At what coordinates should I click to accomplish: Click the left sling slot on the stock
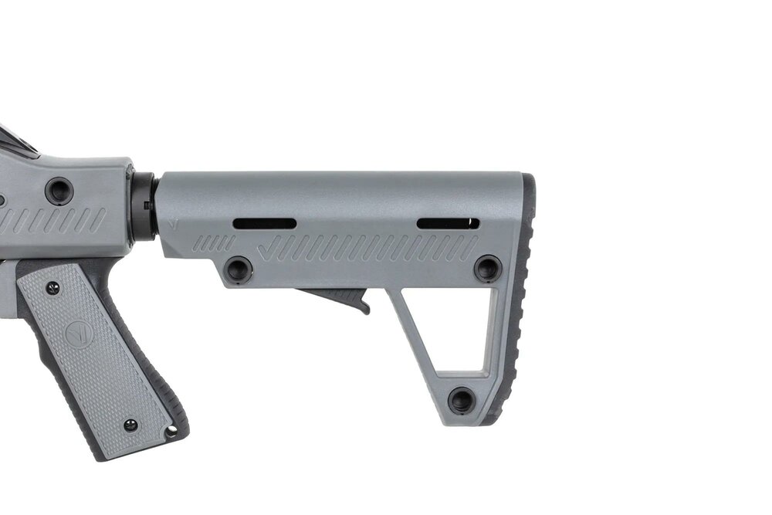264,224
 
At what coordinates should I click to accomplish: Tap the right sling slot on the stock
448,224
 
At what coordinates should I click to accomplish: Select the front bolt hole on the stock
238,269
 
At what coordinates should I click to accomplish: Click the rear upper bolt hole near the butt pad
487,268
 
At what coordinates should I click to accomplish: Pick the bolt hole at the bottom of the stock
462,400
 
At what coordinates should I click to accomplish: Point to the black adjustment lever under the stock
340,297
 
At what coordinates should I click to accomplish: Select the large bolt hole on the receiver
59,190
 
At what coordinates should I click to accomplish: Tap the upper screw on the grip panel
52,288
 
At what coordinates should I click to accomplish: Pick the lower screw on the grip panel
130,425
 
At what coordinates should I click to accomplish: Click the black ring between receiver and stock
144,206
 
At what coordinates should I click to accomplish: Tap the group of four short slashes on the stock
213,243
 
